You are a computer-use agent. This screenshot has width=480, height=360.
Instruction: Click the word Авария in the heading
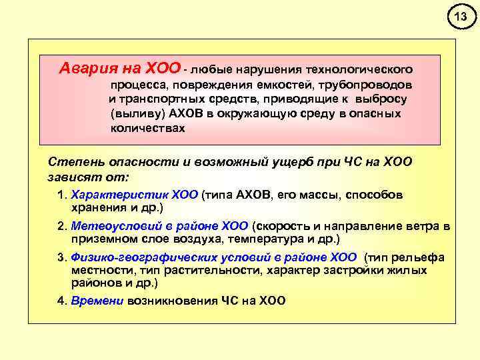tap(85, 68)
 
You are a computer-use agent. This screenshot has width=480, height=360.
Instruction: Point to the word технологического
tap(359, 69)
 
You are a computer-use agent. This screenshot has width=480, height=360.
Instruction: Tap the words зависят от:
tap(89, 178)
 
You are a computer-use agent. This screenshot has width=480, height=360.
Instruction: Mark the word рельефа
tap(421, 258)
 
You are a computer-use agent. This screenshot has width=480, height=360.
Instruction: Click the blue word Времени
tap(97, 301)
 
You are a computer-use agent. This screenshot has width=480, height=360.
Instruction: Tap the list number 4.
tap(61, 301)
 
